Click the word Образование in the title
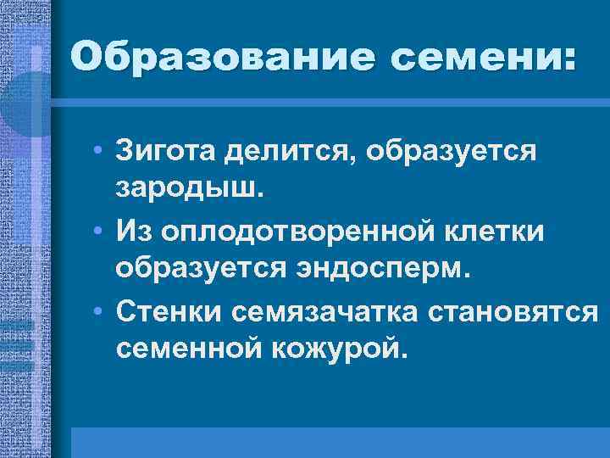(x=206, y=58)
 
